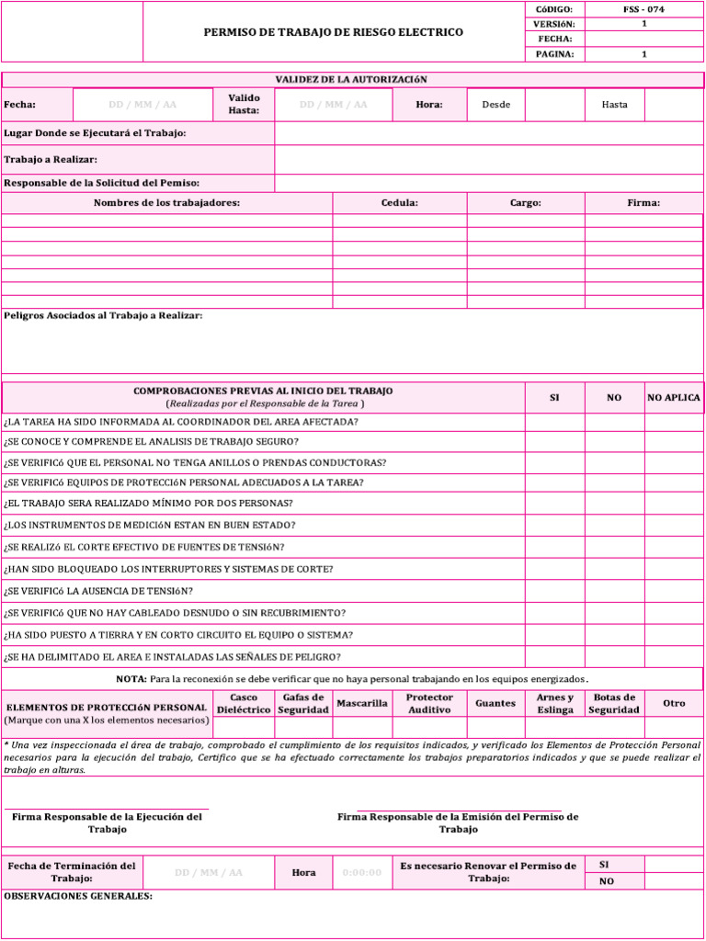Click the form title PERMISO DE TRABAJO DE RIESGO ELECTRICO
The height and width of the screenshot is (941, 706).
[x=333, y=32]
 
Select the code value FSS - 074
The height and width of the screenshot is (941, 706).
[x=643, y=9]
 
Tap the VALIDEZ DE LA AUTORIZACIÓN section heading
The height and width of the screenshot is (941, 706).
[x=351, y=80]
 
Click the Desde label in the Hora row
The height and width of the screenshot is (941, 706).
[x=495, y=105]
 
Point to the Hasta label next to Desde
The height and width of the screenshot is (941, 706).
[x=614, y=105]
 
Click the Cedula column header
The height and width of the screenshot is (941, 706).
[x=399, y=203]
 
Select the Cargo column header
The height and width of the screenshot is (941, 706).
[x=525, y=203]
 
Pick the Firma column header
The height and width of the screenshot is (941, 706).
[x=643, y=203]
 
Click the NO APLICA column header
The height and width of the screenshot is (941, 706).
[x=673, y=398]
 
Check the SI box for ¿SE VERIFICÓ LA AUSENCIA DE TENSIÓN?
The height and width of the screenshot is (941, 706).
[x=554, y=591]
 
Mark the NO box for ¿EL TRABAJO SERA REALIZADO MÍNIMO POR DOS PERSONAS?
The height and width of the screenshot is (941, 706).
[x=614, y=503]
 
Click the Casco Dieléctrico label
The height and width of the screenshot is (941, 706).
[x=244, y=704]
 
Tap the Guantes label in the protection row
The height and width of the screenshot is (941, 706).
[x=495, y=704]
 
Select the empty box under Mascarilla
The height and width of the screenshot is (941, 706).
[x=362, y=727]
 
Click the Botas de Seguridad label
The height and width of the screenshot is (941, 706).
[x=614, y=704]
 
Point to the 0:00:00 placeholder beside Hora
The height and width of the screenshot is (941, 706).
[x=361, y=873]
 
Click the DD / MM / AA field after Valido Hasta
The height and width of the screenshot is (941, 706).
[x=333, y=105]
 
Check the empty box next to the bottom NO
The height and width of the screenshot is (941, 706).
[x=673, y=881]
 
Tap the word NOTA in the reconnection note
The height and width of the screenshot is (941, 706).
[x=131, y=679]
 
